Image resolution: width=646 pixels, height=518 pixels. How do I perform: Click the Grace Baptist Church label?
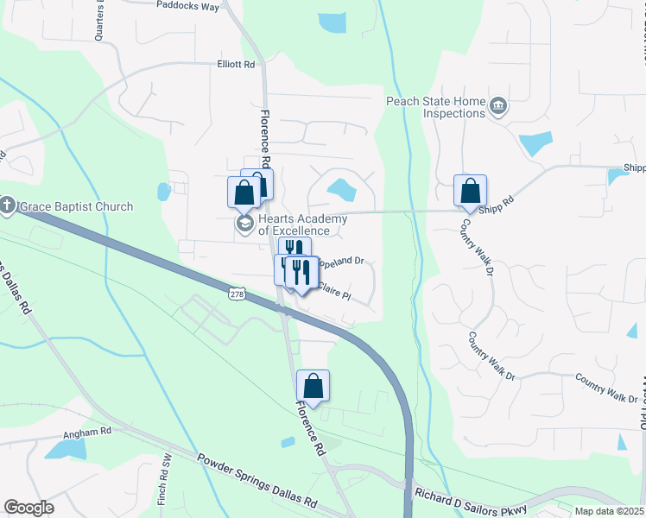tap(76, 206)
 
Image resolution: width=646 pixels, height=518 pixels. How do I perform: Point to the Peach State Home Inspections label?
tap(436, 107)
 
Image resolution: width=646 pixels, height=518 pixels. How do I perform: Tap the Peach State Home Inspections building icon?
tap(497, 107)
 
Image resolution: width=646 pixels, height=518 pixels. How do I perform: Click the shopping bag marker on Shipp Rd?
tap(470, 191)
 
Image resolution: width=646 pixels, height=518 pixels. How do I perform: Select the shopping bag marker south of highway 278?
tap(313, 386)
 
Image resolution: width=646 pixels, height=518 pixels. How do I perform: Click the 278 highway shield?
tap(237, 294)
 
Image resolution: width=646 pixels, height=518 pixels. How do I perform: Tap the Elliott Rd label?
tap(237, 64)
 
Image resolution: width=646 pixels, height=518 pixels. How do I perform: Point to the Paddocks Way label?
tap(187, 4)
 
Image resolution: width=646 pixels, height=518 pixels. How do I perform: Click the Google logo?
tap(28, 508)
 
